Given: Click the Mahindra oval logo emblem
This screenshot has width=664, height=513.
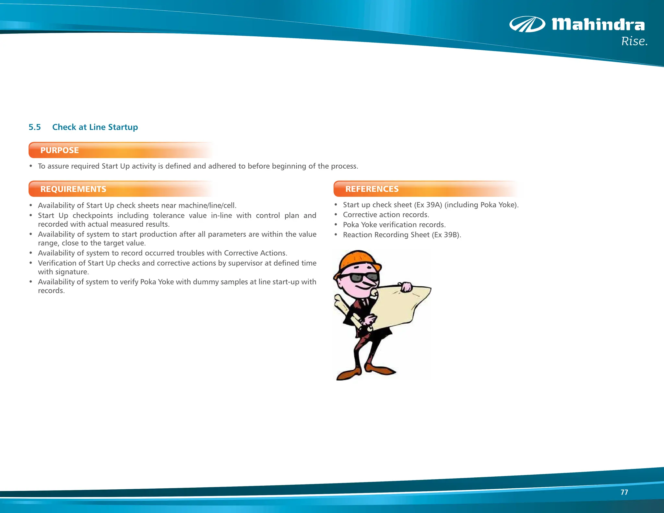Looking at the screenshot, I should pyautogui.click(x=527, y=24).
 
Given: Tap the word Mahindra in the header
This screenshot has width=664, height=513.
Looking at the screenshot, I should pyautogui.click(x=598, y=25).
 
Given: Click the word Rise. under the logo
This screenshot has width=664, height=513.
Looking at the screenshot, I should pyautogui.click(x=634, y=42).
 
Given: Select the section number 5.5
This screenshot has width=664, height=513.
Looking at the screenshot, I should pyautogui.click(x=35, y=127).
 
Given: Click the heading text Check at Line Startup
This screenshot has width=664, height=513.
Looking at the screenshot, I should pyautogui.click(x=95, y=127).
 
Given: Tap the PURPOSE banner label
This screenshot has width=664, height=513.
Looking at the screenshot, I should pyautogui.click(x=60, y=150).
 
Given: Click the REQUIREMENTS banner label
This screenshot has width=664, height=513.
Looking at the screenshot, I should pyautogui.click(x=73, y=189).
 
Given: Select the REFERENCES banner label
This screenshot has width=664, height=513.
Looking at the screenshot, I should pyautogui.click(x=372, y=189).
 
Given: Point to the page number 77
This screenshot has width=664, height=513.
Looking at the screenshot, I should pyautogui.click(x=624, y=492).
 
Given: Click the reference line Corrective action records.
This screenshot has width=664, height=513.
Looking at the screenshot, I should pyautogui.click(x=386, y=215).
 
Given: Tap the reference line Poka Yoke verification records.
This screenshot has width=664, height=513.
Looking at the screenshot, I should pyautogui.click(x=394, y=225).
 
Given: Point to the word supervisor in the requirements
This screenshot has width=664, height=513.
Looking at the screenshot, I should pyautogui.click(x=245, y=263).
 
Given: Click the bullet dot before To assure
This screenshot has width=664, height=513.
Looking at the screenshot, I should pyautogui.click(x=31, y=166).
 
